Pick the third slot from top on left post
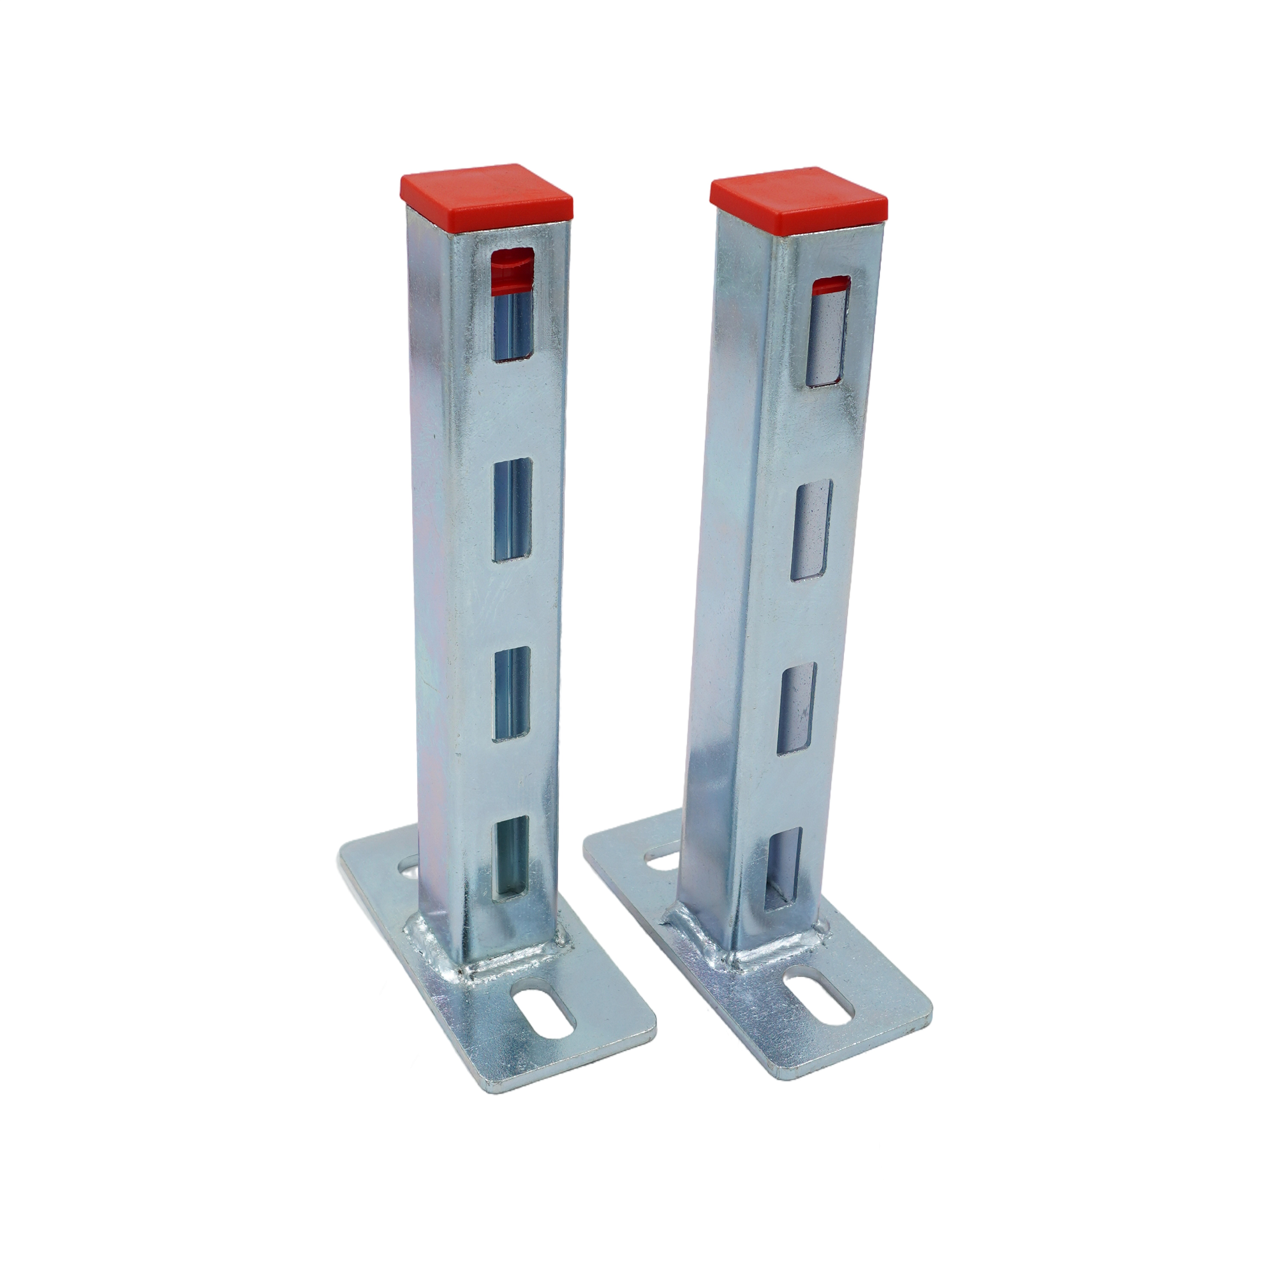coord(511,693)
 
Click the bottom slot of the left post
coord(510,857)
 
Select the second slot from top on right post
coord(811,530)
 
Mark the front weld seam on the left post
coord(513,971)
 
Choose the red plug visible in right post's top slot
coord(831,284)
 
